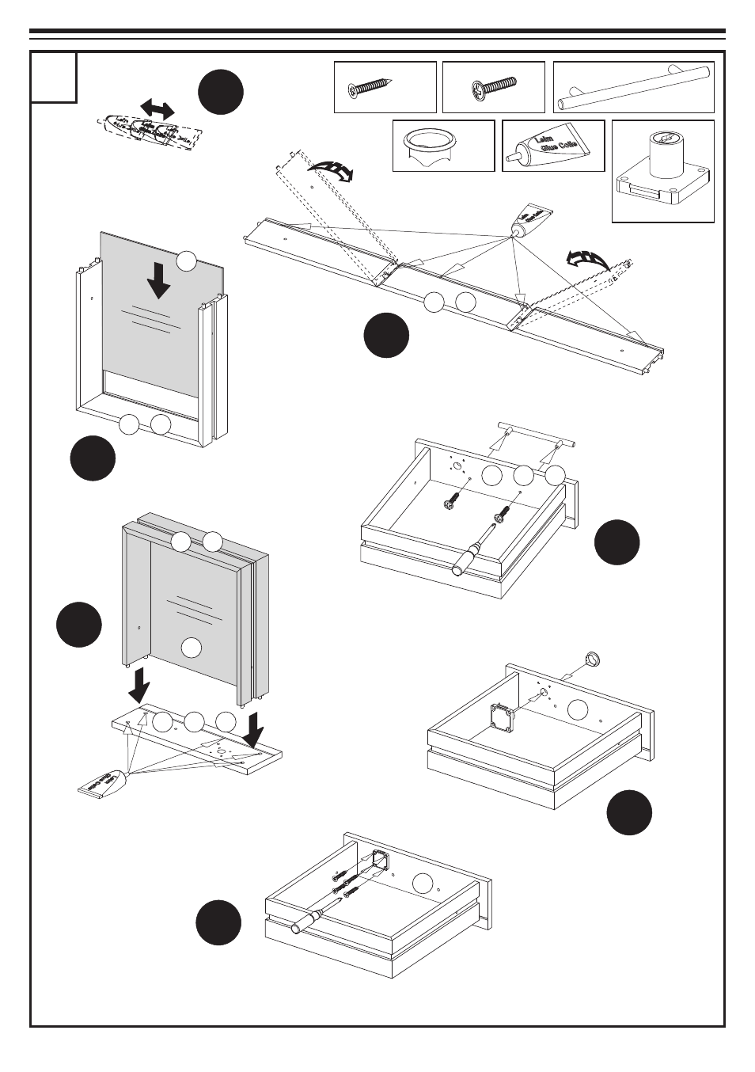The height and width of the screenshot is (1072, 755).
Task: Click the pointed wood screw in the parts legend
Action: click(x=369, y=88)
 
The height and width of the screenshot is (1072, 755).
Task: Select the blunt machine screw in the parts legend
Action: click(x=493, y=86)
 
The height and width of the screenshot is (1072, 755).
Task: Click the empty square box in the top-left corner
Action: click(x=54, y=78)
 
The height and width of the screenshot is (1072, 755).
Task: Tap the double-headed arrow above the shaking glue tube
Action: click(x=157, y=108)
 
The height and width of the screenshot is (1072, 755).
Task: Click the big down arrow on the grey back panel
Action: click(x=159, y=281)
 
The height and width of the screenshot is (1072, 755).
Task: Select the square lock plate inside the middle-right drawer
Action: click(x=503, y=717)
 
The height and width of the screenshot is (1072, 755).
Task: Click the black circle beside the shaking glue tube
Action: click(x=221, y=92)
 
